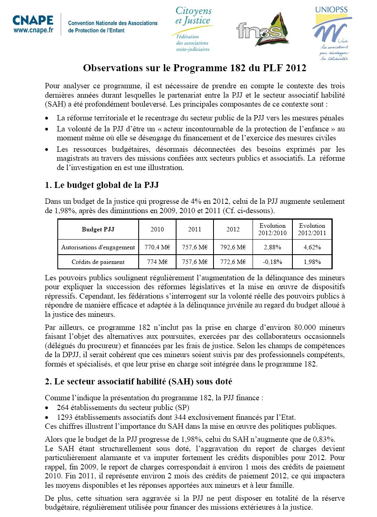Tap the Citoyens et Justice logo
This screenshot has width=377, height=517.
coord(193,28)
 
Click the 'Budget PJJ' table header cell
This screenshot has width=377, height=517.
coord(98,229)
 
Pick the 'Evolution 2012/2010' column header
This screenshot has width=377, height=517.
coord(272,229)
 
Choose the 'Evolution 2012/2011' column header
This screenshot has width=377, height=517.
coord(312,229)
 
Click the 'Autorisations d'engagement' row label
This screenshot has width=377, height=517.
coord(98,247)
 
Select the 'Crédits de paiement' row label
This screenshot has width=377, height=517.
coord(98,262)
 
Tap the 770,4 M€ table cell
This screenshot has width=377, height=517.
coord(157,247)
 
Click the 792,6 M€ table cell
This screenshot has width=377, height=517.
coord(233,247)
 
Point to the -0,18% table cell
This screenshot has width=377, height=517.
coord(272,262)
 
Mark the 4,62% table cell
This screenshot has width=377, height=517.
coord(312,247)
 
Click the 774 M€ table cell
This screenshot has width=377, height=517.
coord(157,262)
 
